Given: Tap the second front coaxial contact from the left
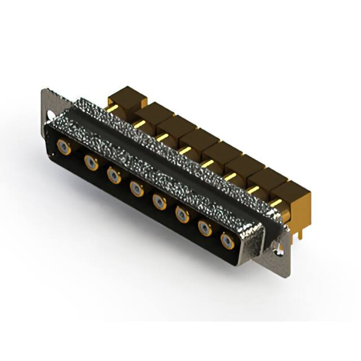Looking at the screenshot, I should point(91,163).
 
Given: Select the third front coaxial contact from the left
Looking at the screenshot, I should point(114,176).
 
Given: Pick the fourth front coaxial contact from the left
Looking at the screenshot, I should point(137,188).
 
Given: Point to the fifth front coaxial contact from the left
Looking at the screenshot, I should point(160,201).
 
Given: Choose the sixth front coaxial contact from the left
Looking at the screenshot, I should point(182,214).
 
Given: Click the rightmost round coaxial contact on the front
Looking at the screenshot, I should point(227,241).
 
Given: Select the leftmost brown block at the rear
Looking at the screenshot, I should point(127,98).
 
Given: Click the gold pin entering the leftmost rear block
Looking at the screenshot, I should point(112,108).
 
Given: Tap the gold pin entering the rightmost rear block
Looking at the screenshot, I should point(275,202).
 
